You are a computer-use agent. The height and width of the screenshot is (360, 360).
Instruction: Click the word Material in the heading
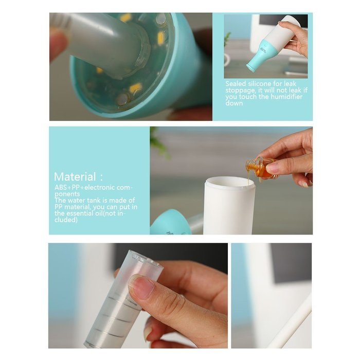coord(75,176)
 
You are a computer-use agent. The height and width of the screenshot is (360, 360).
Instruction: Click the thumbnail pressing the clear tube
coord(140,286)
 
